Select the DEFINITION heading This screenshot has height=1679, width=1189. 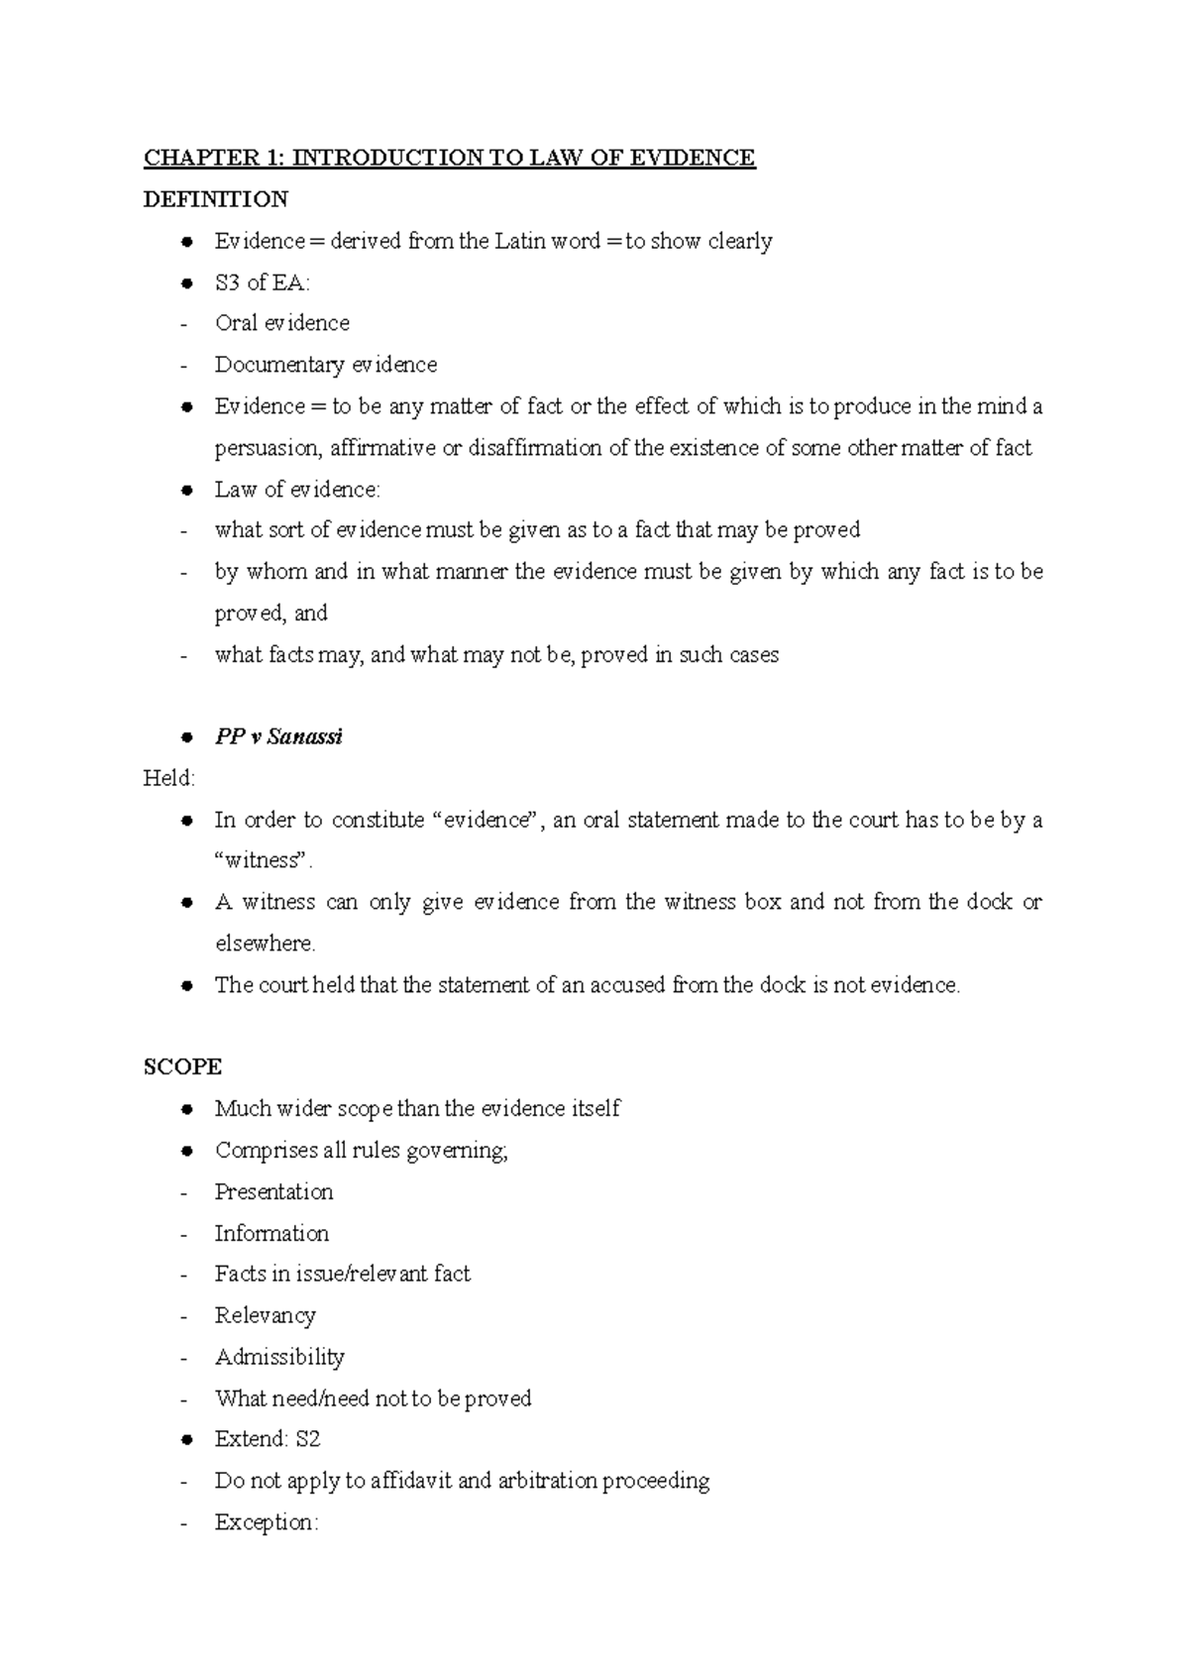[x=215, y=199]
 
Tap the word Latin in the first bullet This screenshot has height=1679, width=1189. [x=520, y=241]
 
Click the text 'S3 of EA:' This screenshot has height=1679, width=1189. [x=262, y=282]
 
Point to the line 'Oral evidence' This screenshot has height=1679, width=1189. [x=281, y=323]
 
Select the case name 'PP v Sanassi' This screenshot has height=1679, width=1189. [x=278, y=737]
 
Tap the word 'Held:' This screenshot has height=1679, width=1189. [x=169, y=778]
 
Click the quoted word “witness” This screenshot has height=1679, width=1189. [x=263, y=860]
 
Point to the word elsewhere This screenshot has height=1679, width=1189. [x=265, y=944]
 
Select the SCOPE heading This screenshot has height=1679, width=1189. [x=182, y=1066]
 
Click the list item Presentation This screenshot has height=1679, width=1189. [x=273, y=1191]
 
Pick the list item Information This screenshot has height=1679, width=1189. [x=271, y=1233]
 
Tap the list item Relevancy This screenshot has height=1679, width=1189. [x=265, y=1315]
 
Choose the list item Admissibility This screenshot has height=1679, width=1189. [x=279, y=1357]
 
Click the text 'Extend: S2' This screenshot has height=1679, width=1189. [x=268, y=1438]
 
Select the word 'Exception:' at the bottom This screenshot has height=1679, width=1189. [x=267, y=1522]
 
